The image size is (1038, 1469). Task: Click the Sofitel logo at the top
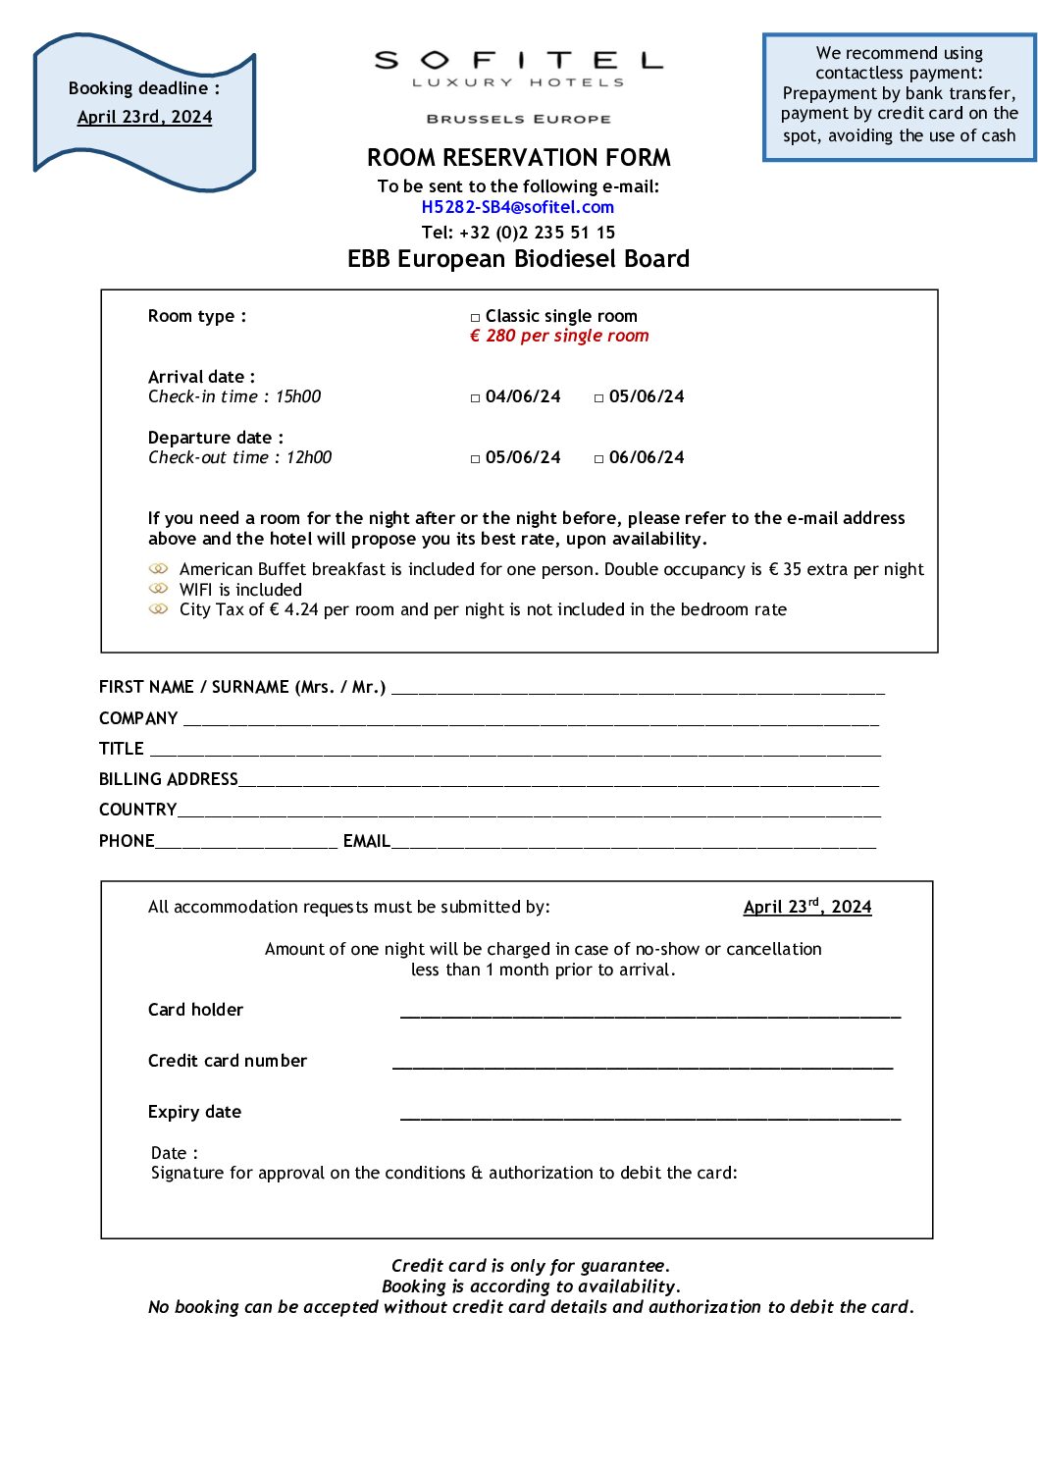518,70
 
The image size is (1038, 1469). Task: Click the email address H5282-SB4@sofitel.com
517,207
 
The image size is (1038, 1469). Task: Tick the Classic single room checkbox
476,318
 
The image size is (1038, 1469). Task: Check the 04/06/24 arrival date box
476,398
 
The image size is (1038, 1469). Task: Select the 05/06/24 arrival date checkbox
599,398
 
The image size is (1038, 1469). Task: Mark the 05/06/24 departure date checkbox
476,459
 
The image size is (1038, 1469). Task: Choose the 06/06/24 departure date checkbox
599,459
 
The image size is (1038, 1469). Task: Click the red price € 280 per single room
559,336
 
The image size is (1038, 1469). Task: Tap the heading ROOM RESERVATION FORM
518,158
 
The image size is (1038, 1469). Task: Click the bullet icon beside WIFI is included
158,589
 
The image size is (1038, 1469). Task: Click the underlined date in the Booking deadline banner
145,117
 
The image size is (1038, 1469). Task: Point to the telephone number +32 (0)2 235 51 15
537,233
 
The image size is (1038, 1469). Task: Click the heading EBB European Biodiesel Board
518,259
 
